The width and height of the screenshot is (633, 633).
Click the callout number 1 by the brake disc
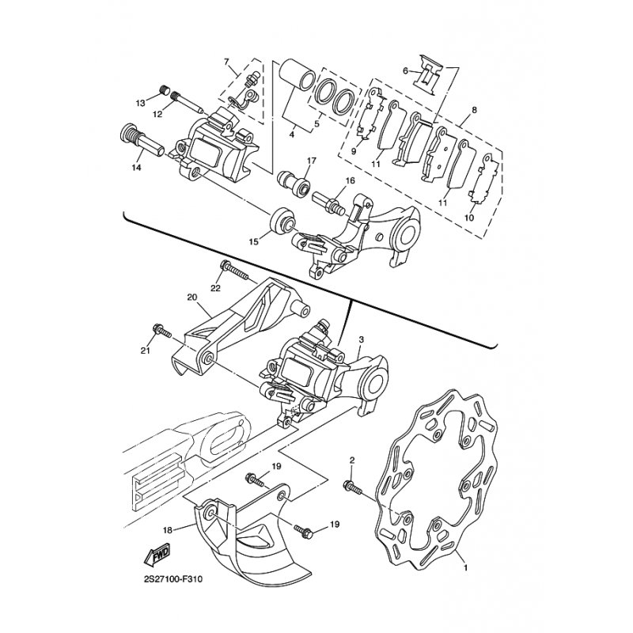coord(464,567)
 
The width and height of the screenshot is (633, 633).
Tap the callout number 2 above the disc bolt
coord(352,461)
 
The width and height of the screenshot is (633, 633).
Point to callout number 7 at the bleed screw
coord(226,62)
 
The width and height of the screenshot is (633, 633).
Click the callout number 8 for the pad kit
coord(473,110)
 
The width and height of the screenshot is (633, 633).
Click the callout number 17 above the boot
coord(311,161)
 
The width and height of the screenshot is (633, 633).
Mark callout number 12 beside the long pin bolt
coord(157,114)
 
